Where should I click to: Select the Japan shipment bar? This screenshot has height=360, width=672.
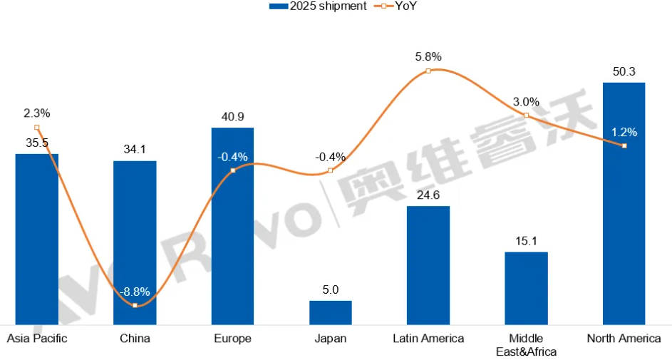[x=330, y=313]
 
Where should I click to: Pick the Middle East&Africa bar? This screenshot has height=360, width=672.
[x=526, y=288]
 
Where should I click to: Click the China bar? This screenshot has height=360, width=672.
[x=135, y=242]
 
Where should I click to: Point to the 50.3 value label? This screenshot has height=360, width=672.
[x=624, y=71]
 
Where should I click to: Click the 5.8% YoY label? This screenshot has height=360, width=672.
[x=428, y=56]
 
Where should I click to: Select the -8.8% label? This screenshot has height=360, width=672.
[x=135, y=292]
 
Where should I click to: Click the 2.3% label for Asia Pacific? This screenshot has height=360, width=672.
[x=36, y=113]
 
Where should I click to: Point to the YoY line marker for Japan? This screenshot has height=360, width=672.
[x=330, y=170]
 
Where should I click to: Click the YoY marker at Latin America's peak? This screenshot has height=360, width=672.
[x=428, y=71]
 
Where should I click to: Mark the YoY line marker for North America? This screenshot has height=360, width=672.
[x=624, y=145]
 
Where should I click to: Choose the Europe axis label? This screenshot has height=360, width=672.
[x=232, y=339]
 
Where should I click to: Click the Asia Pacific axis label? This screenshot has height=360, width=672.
[x=36, y=339]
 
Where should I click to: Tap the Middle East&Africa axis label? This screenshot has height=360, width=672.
[x=526, y=345]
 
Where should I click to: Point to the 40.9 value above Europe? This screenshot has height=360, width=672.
[x=232, y=116]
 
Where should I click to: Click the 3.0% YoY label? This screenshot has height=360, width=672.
[x=526, y=102]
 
